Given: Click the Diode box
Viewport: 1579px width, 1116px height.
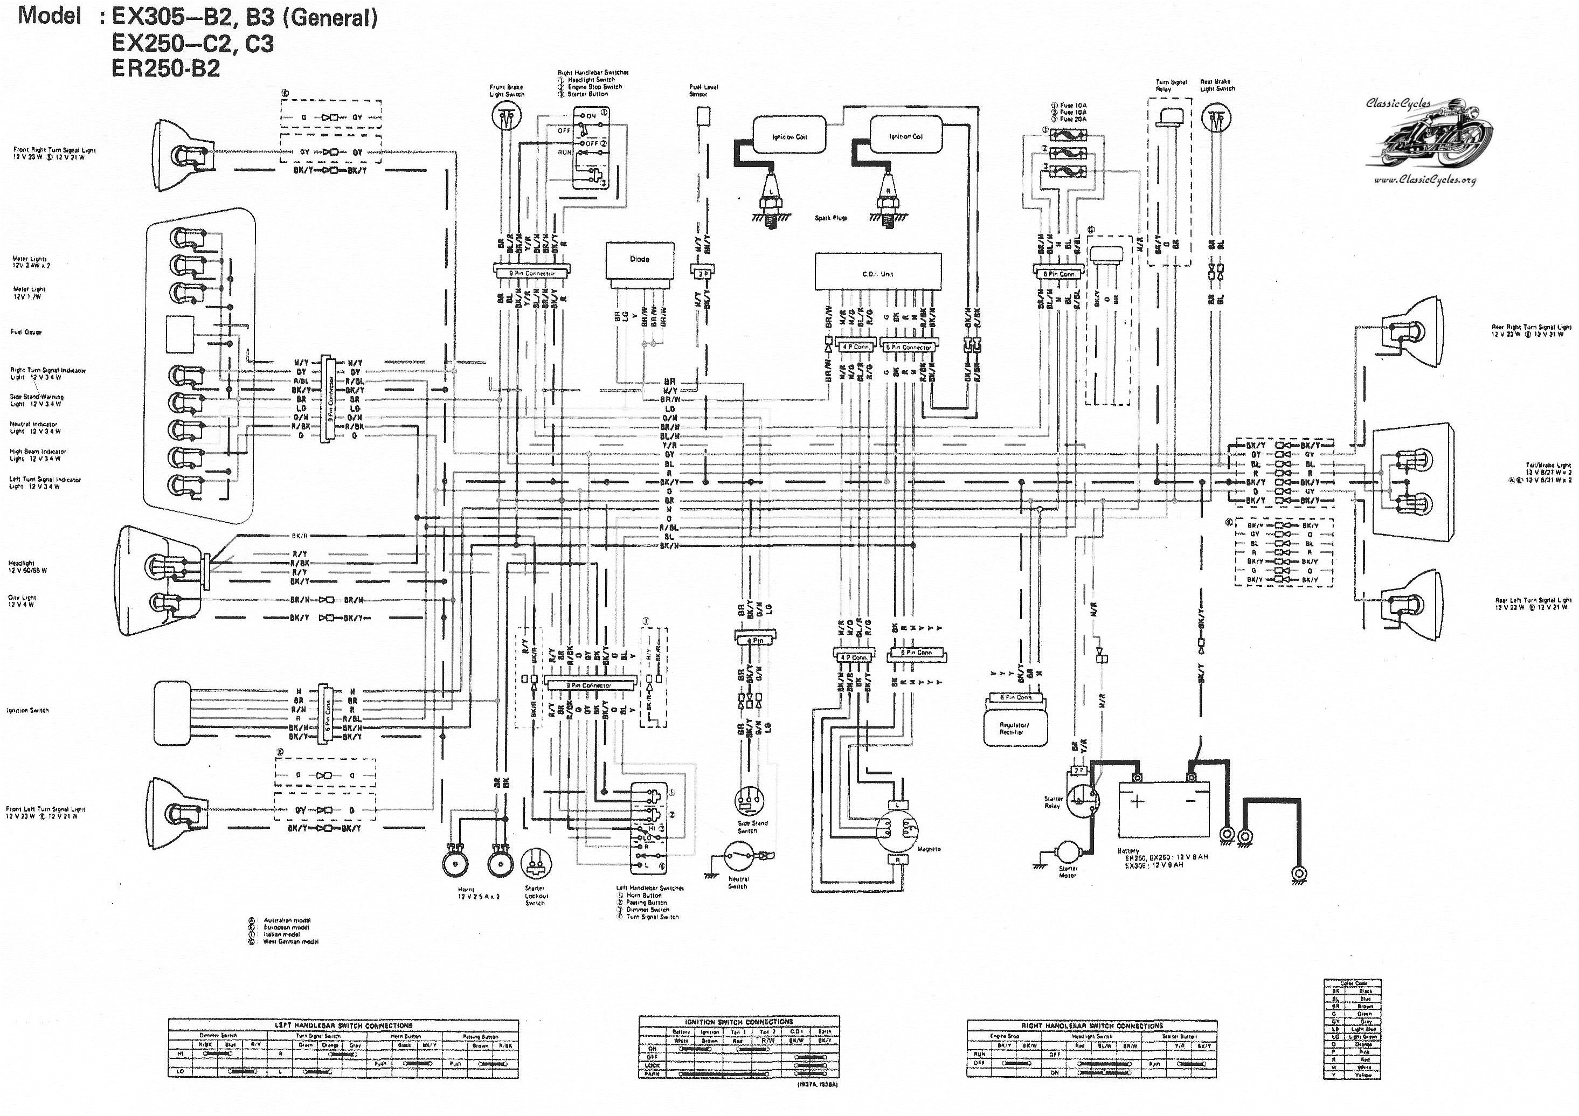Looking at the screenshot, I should pos(639,260).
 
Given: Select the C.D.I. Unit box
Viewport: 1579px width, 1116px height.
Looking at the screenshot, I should pos(877,272).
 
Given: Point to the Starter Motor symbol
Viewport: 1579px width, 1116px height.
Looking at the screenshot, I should pos(1068,852).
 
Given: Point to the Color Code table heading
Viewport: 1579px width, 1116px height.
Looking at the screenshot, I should pos(1352,983).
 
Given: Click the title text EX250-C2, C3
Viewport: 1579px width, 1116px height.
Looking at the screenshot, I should pos(193,43).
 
